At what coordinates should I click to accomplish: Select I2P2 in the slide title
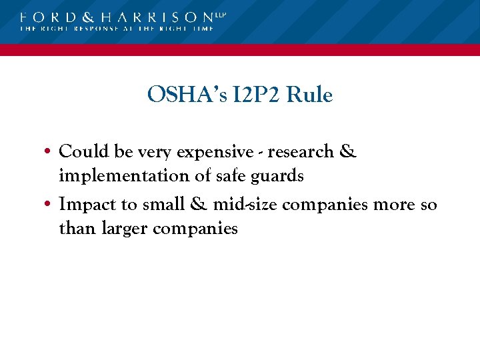pos(251,95)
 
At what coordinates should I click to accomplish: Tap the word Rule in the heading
pos(309,95)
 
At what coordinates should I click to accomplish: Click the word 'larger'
pos(125,229)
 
